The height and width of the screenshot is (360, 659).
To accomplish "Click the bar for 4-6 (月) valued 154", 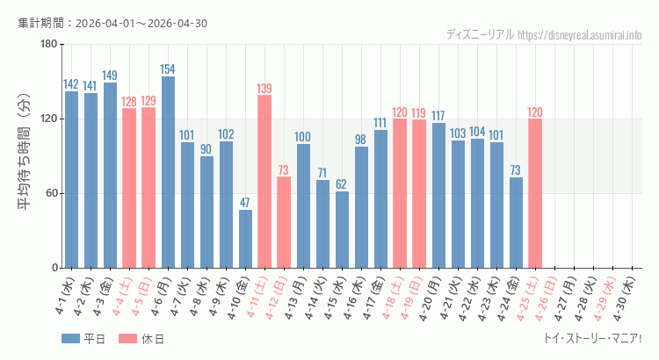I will [168, 172].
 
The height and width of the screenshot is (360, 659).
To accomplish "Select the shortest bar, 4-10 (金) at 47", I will [245, 239].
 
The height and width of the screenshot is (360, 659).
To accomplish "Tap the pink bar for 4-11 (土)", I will [264, 182].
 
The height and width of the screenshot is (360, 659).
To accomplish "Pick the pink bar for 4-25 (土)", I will [535, 193].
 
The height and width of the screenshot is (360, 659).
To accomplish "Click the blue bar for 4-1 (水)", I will [71, 180].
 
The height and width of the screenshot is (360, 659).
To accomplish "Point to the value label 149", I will [110, 76].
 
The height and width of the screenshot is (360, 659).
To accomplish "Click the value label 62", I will [342, 184].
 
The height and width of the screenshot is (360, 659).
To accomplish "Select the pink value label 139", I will [264, 89].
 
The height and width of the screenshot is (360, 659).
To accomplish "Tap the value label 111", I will [380, 123].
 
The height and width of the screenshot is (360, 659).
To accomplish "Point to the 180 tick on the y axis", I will [48, 45].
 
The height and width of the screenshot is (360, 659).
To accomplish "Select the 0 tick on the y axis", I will [54, 268].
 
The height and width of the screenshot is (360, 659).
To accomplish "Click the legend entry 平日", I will [83, 339].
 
